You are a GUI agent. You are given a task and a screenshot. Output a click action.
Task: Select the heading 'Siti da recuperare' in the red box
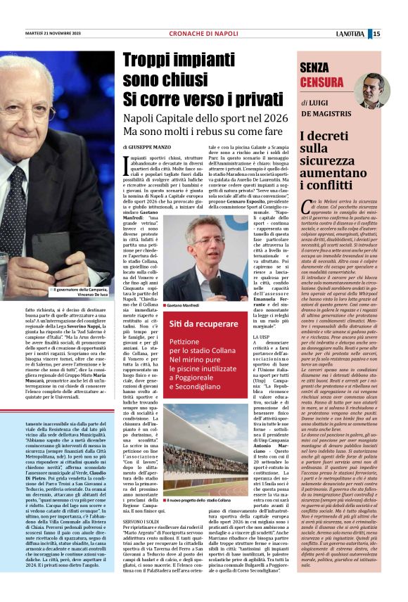click(200, 324)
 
